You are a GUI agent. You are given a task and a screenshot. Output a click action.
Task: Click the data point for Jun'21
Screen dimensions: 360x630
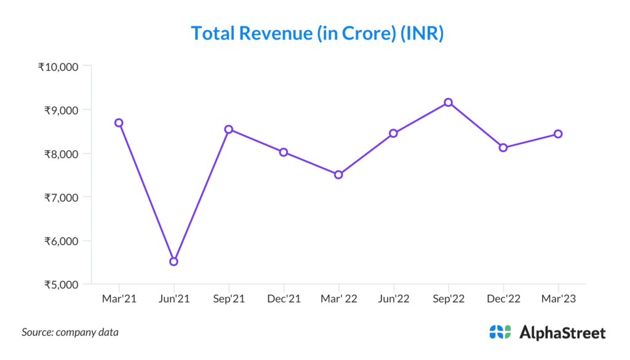(173, 262)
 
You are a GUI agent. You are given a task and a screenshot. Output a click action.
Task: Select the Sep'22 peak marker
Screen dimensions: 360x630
(449, 102)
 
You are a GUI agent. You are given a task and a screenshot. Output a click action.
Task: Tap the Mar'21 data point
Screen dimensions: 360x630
(119, 122)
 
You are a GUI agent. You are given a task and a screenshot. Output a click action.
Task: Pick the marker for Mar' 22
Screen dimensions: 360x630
(338, 175)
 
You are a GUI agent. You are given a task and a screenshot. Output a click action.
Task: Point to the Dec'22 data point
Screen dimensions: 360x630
(503, 148)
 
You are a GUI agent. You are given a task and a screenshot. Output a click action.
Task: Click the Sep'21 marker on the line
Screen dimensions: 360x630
(229, 129)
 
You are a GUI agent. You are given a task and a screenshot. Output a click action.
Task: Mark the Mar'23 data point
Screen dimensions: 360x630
(558, 134)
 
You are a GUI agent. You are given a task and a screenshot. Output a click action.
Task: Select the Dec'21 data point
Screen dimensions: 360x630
(284, 152)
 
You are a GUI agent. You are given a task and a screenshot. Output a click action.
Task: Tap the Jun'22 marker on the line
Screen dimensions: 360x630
(393, 133)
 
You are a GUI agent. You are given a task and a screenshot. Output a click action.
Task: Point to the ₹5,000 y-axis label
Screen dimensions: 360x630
(60, 284)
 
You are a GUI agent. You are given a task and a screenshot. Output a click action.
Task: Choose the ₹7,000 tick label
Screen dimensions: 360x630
(60, 197)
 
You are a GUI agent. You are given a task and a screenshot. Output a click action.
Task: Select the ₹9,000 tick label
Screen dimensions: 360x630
(60, 110)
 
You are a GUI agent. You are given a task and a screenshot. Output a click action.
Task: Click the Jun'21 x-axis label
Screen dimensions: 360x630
(173, 298)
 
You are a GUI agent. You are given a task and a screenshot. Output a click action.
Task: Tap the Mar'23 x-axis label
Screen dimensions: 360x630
(558, 298)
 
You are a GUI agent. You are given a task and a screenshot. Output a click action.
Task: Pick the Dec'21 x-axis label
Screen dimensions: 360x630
(284, 298)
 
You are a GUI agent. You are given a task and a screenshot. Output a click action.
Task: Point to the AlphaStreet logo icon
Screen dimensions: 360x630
(500, 332)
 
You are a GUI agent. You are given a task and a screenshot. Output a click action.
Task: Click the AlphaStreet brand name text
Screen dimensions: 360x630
(562, 333)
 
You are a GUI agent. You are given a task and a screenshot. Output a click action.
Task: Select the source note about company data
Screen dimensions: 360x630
(70, 332)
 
